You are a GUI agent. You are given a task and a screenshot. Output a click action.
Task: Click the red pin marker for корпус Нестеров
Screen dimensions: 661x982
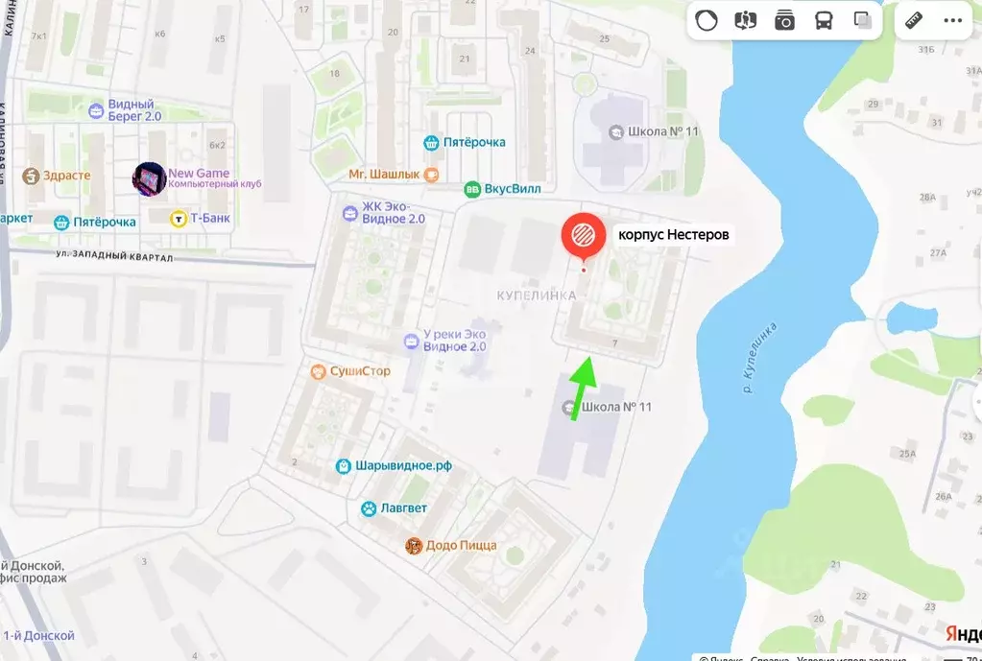click(x=582, y=235)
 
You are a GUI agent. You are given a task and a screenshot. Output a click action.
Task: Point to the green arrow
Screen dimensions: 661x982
click(x=581, y=386)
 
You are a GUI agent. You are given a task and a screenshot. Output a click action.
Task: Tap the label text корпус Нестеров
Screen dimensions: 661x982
click(x=675, y=234)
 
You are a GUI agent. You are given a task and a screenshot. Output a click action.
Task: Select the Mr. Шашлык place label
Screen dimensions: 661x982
click(x=383, y=175)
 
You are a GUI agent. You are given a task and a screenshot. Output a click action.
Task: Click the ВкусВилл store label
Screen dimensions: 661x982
click(x=511, y=189)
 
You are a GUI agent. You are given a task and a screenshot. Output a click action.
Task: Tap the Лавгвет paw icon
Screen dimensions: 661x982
click(x=368, y=508)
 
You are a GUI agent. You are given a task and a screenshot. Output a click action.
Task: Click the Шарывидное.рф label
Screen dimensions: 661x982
click(x=402, y=466)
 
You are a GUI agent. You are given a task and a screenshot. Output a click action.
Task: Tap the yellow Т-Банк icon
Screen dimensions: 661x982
click(x=179, y=219)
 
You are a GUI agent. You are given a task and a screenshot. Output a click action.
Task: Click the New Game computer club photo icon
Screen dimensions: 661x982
click(x=149, y=178)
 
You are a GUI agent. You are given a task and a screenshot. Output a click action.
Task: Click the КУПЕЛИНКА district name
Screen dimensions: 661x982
click(x=537, y=295)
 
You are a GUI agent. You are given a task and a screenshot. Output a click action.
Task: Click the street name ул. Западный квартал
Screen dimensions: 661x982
click(x=113, y=257)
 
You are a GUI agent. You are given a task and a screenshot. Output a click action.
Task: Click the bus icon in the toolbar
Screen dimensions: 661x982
click(x=824, y=21)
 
